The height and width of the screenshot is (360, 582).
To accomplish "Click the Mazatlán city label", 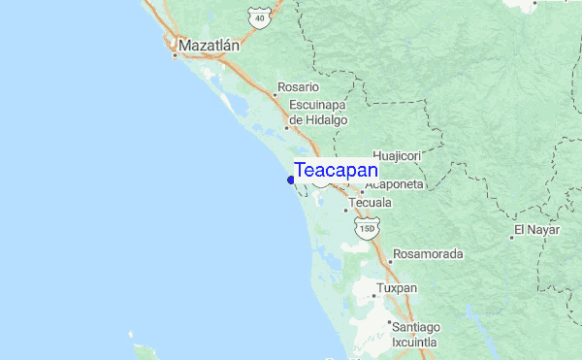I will point(210,45).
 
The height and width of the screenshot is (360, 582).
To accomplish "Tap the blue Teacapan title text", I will point(336,171).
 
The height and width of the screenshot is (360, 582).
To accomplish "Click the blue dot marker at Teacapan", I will point(291,179).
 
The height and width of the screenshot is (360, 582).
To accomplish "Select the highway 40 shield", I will point(256,17).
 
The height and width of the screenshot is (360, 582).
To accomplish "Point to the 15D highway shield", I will point(365,229).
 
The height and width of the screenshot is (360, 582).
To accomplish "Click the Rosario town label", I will point(298,86).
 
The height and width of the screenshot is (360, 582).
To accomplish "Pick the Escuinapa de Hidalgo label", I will point(318,111).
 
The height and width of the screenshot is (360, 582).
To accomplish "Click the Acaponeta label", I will point(395,183).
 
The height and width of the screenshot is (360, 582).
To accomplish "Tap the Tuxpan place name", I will point(396,288).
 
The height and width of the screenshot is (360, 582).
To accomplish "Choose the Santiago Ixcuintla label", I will point(415,335).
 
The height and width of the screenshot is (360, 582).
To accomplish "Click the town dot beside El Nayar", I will point(512,237).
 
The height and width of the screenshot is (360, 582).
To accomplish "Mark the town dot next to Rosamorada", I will point(390,261).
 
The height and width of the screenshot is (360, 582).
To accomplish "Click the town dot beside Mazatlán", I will point(175,55).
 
